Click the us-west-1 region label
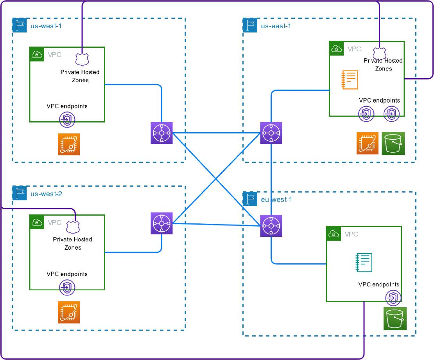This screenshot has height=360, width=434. click(46, 26)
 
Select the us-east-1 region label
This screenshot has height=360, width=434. click(276, 26)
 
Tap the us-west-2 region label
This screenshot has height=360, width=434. click(46, 194)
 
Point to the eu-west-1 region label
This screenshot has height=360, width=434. click(276, 200)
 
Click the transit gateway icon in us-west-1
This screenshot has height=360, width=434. click(161, 133)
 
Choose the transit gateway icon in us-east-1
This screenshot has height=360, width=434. click(271, 133)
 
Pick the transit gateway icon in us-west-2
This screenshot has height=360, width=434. click(161, 223)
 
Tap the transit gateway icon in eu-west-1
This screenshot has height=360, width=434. click(271, 226)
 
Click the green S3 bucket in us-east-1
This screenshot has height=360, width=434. click(393, 144)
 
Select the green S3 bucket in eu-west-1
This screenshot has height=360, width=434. click(395, 319)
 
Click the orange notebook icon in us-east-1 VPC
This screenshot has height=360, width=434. click(350, 80)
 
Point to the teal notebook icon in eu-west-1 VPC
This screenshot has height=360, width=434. click(364, 263)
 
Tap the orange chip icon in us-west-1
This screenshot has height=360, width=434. click(69, 144)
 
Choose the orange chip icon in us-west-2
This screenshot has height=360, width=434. click(69, 312)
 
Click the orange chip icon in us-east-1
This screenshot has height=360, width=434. click(368, 143)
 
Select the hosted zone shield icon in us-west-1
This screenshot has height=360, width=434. click(82, 59)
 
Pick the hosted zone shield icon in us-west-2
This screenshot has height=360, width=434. click(73, 227)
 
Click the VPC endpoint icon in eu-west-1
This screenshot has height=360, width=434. click(393, 298)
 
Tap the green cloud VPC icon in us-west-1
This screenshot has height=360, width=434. click(37, 54)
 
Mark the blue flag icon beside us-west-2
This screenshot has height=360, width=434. click(20, 193)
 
